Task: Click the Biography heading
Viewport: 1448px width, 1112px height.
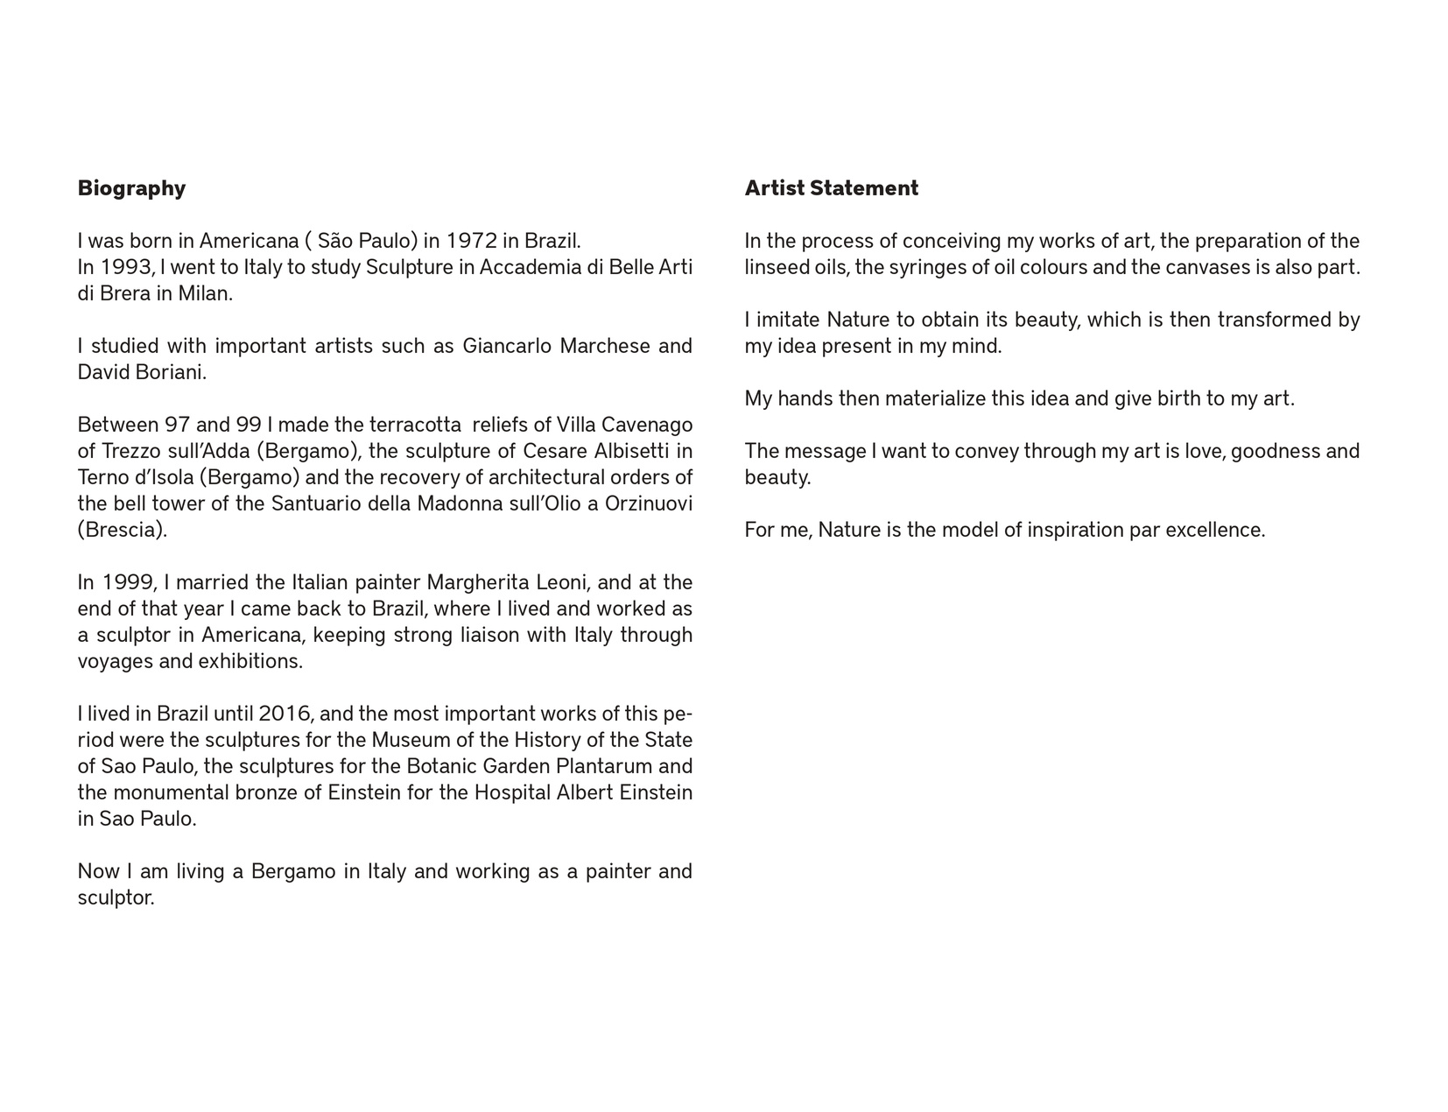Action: click(131, 188)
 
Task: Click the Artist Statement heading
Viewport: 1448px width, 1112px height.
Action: click(831, 188)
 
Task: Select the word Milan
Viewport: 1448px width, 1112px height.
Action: click(205, 293)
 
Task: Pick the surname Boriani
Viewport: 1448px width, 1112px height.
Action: click(171, 372)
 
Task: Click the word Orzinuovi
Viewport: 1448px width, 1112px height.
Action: click(649, 503)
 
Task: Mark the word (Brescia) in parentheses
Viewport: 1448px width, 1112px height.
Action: click(122, 530)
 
